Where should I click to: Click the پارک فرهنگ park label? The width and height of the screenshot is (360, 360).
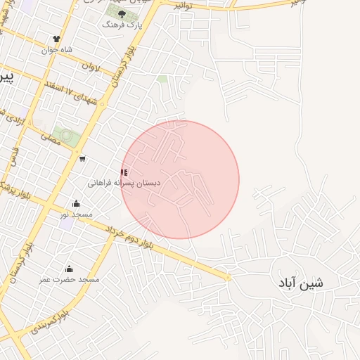pyautogui.click(x=122, y=25)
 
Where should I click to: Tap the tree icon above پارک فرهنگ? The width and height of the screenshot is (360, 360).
pyautogui.click(x=122, y=13)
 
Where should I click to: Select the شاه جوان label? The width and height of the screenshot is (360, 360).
pyautogui.click(x=57, y=50)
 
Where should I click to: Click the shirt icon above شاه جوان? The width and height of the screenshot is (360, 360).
pyautogui.click(x=57, y=39)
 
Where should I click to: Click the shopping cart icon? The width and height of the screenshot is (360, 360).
pyautogui.click(x=83, y=158)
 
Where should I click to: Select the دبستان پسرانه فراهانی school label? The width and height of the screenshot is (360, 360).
pyautogui.click(x=124, y=183)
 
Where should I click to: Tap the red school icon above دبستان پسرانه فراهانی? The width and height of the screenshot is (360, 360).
pyautogui.click(x=124, y=172)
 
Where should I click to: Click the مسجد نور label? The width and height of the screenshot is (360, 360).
pyautogui.click(x=77, y=214)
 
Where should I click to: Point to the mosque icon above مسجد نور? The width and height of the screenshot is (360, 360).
pyautogui.click(x=77, y=203)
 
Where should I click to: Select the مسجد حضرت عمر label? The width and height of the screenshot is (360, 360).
pyautogui.click(x=70, y=280)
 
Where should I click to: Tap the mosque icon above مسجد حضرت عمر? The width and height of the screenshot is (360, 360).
pyautogui.click(x=69, y=269)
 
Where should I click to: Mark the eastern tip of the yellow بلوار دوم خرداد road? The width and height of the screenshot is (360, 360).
pyautogui.click(x=228, y=278)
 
